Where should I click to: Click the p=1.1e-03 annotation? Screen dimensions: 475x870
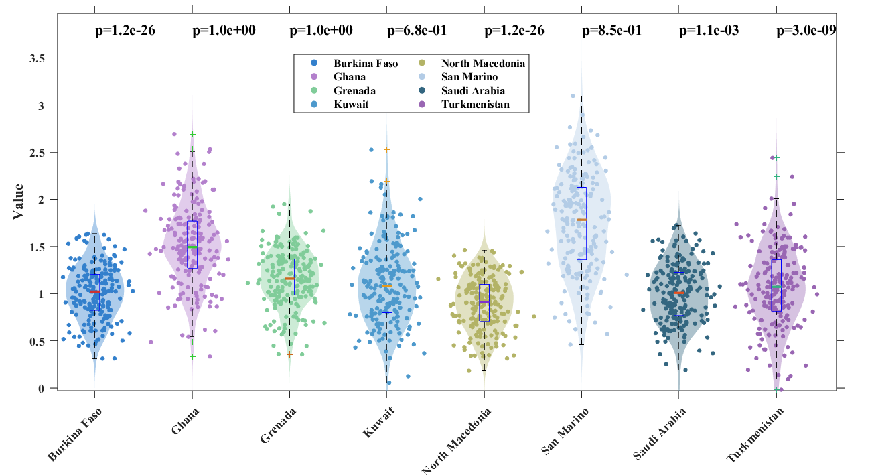pos(709,30)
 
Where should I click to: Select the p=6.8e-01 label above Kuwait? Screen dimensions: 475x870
pos(417,30)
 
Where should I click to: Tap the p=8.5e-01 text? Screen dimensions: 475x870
pos(611,30)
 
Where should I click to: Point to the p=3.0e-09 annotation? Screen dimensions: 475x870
pos(806,30)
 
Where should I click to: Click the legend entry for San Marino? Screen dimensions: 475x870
pos(468,77)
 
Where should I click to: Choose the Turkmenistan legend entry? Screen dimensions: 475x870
pos(476,104)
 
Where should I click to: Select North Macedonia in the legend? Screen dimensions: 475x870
pos(483,64)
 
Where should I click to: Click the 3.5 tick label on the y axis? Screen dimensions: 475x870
pos(41,58)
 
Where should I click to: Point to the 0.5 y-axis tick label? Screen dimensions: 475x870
pos(41,341)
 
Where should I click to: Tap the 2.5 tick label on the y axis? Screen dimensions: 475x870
pos(41,153)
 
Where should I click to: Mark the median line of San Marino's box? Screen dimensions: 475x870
pos(581,220)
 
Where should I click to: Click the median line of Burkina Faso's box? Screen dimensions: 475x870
pos(94,291)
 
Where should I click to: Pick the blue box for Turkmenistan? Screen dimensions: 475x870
pos(776,285)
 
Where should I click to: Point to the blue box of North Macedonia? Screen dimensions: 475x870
pos(484,303)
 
